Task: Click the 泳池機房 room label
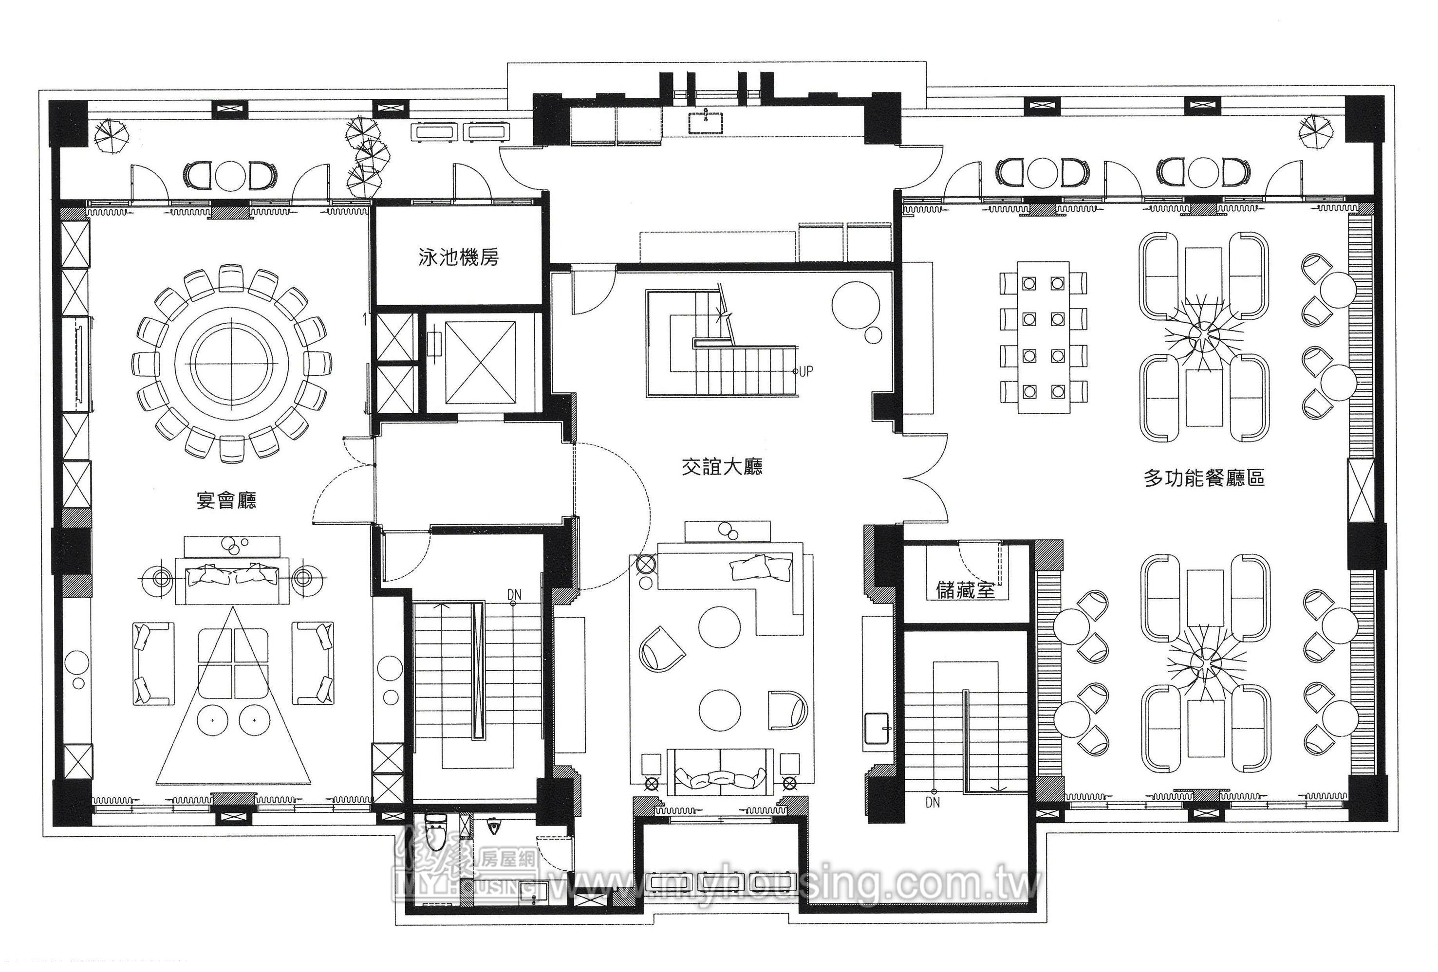click(459, 257)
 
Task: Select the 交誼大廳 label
click(722, 466)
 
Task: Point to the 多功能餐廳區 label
click(1204, 477)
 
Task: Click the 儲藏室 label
click(965, 590)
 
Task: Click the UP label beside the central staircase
click(805, 371)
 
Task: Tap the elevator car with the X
click(480, 363)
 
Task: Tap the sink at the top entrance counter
click(706, 123)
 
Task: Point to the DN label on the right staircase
click(933, 802)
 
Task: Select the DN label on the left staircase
click(514, 595)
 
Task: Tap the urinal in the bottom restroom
click(494, 826)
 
